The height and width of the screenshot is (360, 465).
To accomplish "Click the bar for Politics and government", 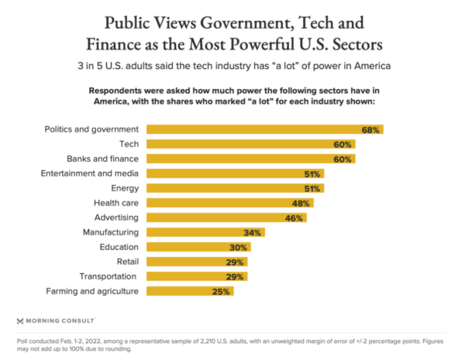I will point(263,129).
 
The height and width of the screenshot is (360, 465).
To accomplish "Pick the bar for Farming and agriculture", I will point(189,291).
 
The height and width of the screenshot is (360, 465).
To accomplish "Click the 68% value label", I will point(370,130).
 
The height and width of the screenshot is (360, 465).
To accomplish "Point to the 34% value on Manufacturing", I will point(251,232).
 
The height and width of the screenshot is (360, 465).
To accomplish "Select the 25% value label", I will point(221,291).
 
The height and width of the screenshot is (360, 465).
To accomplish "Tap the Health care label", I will point(115,202).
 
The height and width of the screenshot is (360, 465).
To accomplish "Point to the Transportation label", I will point(108,276).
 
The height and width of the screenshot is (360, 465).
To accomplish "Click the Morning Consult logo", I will point(56,320).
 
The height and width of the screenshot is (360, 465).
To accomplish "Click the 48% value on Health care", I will point(300,203).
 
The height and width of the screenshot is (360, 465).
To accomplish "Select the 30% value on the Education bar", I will point(238,247).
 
